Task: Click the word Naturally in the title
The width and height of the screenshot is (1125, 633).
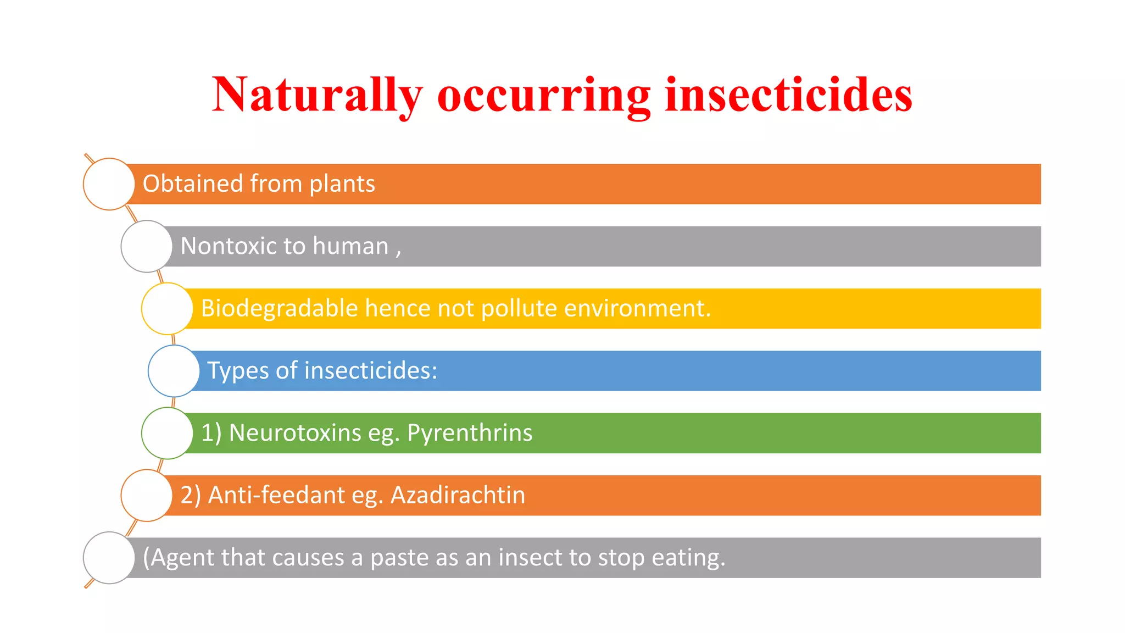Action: [x=317, y=95]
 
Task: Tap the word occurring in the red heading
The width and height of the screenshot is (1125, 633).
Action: [x=544, y=95]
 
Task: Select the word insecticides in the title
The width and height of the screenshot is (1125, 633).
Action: [x=788, y=95]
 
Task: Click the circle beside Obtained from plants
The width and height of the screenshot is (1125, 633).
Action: [x=109, y=184]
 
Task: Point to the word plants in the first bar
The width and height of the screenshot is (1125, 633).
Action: [x=342, y=184]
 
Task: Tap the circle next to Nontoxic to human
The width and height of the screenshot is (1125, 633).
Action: [x=147, y=246]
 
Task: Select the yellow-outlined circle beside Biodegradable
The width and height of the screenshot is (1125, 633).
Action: [x=167, y=309]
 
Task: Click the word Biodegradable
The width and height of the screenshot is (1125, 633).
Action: [x=279, y=308]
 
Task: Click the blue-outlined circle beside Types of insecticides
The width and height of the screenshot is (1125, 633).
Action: [x=174, y=371]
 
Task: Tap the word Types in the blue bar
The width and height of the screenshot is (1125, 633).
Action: [x=237, y=371]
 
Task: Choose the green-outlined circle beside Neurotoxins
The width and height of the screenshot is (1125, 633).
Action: [x=167, y=433]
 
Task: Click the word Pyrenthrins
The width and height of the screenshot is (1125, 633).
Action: [x=469, y=433]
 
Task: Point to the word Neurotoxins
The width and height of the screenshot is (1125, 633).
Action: [x=295, y=433]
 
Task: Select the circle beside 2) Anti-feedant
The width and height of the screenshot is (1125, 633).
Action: [x=147, y=495]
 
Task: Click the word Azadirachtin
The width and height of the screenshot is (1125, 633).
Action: [x=458, y=495]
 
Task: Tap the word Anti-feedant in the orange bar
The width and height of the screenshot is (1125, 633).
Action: [x=276, y=495]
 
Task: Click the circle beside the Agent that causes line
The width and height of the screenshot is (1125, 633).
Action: [x=109, y=558]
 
